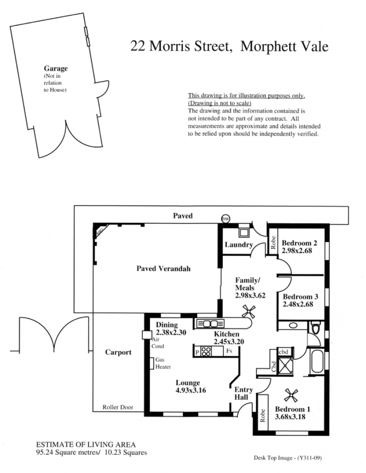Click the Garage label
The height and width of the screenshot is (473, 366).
[x=56, y=69]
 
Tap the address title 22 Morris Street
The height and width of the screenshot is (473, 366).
[x=181, y=46]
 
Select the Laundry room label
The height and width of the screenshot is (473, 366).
[x=239, y=245]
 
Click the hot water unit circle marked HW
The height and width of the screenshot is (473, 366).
[x=226, y=219]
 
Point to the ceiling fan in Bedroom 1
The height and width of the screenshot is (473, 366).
[x=291, y=395]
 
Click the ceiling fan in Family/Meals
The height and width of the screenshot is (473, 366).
[x=249, y=312]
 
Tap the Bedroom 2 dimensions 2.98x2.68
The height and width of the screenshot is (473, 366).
[x=297, y=250]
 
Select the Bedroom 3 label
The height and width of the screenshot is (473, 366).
[x=300, y=297]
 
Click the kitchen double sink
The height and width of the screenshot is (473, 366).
[x=210, y=324]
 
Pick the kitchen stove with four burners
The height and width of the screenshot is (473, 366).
[x=206, y=352]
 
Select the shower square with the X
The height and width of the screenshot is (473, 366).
[x=285, y=365]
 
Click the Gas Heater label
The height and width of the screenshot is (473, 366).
[x=163, y=363]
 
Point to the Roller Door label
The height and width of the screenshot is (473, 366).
[x=118, y=407]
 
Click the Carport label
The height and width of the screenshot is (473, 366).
[x=118, y=352]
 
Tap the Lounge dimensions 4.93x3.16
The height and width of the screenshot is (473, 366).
[x=191, y=390]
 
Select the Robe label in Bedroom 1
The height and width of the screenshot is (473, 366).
[x=263, y=415]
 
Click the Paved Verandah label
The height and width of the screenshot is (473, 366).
[x=163, y=268]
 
